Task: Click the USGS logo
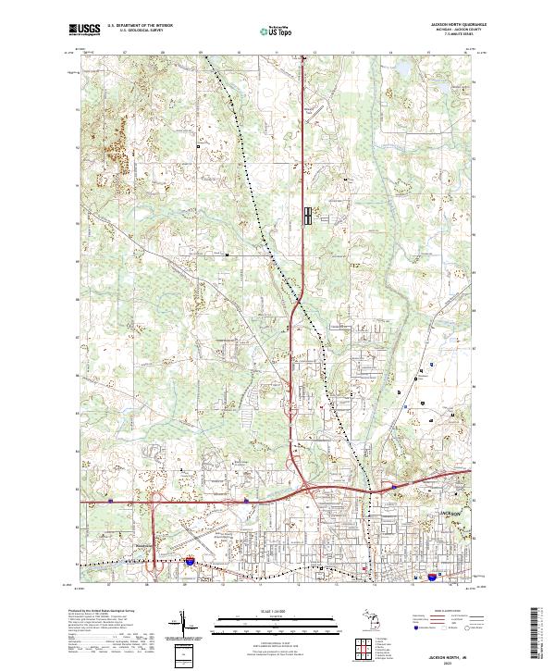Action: coord(85,30)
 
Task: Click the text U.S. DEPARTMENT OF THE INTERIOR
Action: coord(141,26)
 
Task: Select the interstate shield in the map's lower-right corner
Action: coord(432,576)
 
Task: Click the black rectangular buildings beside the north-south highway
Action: coord(308,215)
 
